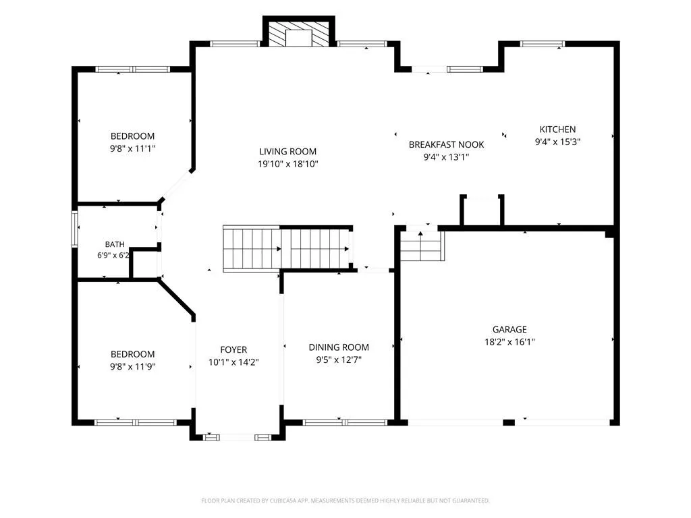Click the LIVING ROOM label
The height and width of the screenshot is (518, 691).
pyautogui.click(x=287, y=152)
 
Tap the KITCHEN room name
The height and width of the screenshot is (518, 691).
pyautogui.click(x=557, y=129)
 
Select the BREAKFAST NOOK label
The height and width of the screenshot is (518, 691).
pyautogui.click(x=446, y=144)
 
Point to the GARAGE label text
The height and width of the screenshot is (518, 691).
pyautogui.click(x=509, y=329)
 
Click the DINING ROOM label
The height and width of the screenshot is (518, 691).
pyautogui.click(x=339, y=347)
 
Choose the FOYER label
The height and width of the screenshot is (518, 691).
pyautogui.click(x=233, y=350)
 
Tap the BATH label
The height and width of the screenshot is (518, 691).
pyautogui.click(x=115, y=244)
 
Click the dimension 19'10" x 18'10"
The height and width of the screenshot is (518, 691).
pyautogui.click(x=287, y=164)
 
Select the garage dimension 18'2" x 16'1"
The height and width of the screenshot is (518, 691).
pyautogui.click(x=509, y=341)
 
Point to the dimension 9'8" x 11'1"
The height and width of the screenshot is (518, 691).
pyautogui.click(x=133, y=148)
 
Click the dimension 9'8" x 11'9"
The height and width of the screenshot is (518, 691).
pyautogui.click(x=133, y=366)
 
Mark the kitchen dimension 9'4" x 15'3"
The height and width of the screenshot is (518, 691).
pyautogui.click(x=557, y=142)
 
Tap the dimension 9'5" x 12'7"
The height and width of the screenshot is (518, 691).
pyautogui.click(x=339, y=359)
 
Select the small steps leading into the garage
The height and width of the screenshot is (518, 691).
pyautogui.click(x=422, y=246)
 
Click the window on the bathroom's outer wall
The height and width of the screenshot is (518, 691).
pyautogui.click(x=75, y=229)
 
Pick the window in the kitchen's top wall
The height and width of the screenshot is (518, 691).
pyautogui.click(x=542, y=44)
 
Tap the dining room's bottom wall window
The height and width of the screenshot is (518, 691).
pyautogui.click(x=345, y=422)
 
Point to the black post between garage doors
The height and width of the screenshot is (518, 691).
pyautogui.click(x=509, y=422)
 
